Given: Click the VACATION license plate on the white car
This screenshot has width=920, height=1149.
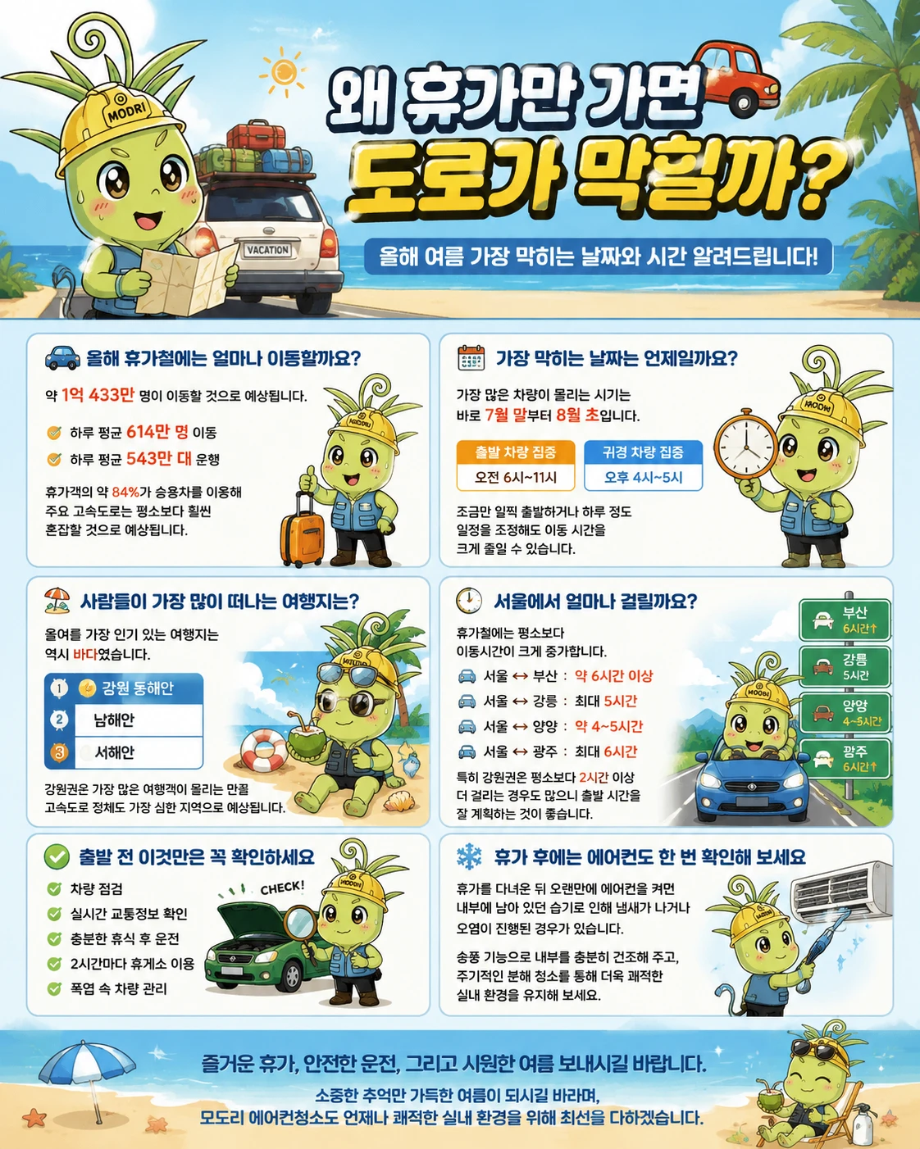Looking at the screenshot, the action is [x=267, y=250].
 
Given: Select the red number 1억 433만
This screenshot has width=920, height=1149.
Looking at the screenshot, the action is [x=98, y=395].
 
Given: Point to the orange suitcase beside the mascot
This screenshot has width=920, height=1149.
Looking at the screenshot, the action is [x=302, y=528].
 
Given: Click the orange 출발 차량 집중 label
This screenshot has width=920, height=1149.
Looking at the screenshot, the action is [x=516, y=452].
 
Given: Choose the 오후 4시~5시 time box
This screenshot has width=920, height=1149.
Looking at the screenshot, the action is [x=643, y=477].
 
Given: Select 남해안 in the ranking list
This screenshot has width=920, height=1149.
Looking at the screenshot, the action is [x=114, y=720].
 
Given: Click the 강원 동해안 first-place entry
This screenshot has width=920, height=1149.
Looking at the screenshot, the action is [x=124, y=688].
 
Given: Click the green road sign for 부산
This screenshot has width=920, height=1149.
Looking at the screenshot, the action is [x=845, y=620].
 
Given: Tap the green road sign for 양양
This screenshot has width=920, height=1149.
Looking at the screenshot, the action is [x=845, y=713].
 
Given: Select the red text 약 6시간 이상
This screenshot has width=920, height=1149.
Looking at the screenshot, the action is [x=614, y=676].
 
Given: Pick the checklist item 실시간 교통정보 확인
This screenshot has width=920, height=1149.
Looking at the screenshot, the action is [x=129, y=914].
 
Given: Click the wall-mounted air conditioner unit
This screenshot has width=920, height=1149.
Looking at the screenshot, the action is [x=841, y=890].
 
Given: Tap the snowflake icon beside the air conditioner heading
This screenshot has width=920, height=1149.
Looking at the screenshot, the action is [x=470, y=856].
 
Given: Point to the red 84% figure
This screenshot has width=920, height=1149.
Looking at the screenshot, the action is [x=125, y=492].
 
